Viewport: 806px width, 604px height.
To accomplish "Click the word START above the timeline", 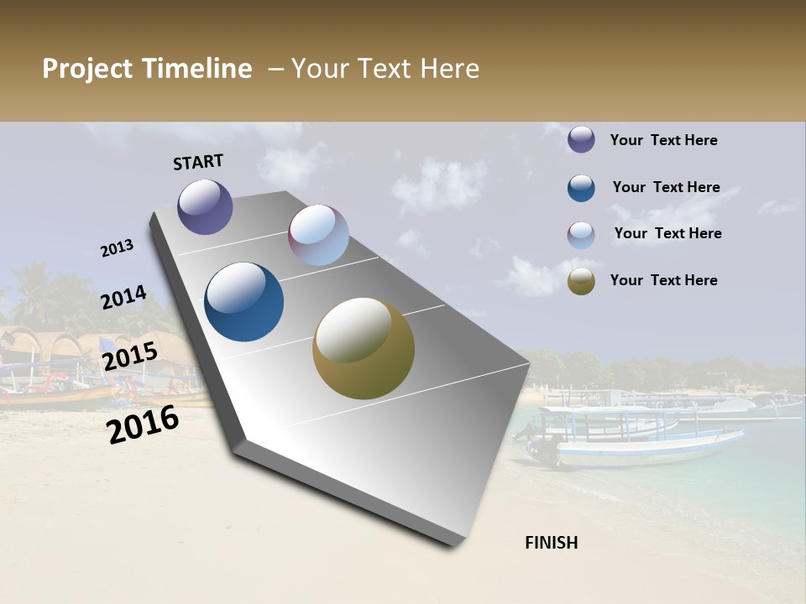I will pyautogui.click(x=198, y=162).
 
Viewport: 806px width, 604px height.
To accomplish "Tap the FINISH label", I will pyautogui.click(x=552, y=543).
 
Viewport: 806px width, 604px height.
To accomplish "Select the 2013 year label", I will pyautogui.click(x=117, y=248).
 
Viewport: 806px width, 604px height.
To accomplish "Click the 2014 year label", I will pyautogui.click(x=123, y=298).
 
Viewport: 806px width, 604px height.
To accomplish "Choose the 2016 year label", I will pyautogui.click(x=143, y=424).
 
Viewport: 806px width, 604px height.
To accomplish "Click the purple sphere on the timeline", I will pyautogui.click(x=205, y=206).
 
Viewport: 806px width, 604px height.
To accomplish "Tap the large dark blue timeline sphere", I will pyautogui.click(x=244, y=302).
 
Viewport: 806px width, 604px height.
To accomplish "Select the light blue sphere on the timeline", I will pyautogui.click(x=318, y=235).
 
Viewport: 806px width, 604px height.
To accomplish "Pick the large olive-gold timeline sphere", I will pyautogui.click(x=364, y=348).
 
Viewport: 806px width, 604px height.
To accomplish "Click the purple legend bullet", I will pyautogui.click(x=581, y=140).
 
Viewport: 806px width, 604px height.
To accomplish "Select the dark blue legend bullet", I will pyautogui.click(x=581, y=188).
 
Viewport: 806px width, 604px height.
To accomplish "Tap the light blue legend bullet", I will pyautogui.click(x=581, y=235).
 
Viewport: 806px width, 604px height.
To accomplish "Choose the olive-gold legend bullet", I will pyautogui.click(x=581, y=281).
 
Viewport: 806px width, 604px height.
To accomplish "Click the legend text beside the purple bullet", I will pyautogui.click(x=663, y=140).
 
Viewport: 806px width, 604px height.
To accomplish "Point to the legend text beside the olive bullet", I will pyautogui.click(x=663, y=280).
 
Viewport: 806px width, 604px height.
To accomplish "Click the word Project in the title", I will pyautogui.click(x=87, y=69).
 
